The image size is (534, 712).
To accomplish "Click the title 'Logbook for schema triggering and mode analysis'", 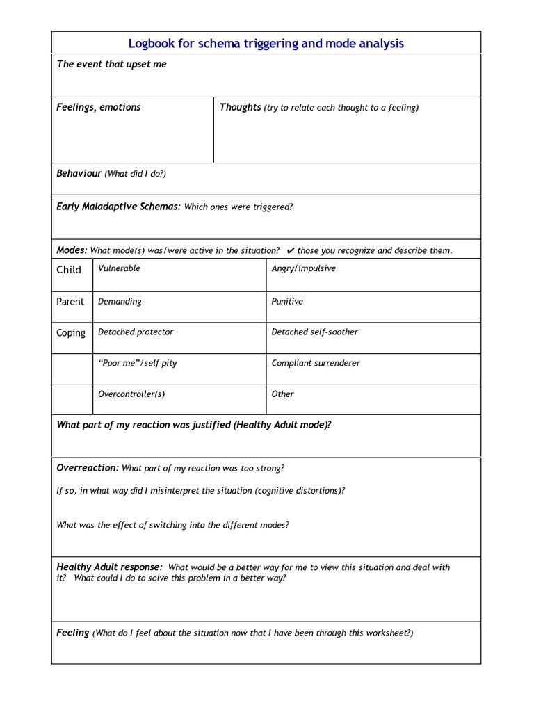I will click(266, 44).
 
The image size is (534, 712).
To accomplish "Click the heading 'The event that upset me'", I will click(111, 65).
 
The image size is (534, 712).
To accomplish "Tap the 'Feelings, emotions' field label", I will click(98, 107).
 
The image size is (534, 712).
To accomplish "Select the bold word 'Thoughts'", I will click(240, 107).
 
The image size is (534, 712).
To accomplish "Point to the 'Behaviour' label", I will click(79, 173).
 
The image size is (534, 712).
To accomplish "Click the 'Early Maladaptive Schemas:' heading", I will click(118, 207).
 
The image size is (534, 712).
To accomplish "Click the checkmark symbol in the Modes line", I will click(290, 250).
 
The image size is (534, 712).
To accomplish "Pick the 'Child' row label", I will click(69, 270).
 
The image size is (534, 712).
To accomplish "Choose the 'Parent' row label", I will click(70, 302).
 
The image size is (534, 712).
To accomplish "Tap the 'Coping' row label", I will click(71, 333).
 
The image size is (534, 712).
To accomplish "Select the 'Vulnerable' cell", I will click(119, 268).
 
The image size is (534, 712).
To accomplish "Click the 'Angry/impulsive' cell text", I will click(303, 268).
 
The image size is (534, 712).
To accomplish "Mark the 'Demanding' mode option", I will click(120, 302).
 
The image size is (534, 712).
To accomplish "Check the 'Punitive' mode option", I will click(287, 302).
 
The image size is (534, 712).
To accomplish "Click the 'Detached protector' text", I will click(136, 332).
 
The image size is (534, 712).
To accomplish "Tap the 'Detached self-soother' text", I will click(314, 332).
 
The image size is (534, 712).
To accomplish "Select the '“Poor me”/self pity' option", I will click(138, 363).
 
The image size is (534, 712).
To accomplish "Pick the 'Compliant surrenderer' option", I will click(316, 363).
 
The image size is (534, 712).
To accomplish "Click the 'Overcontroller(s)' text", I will click(131, 394).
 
